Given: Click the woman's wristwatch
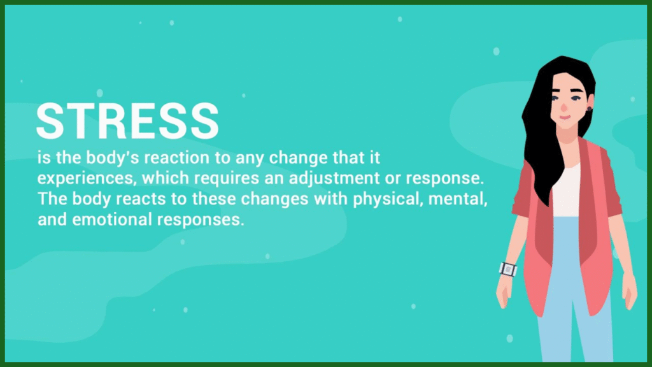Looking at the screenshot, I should (508, 270).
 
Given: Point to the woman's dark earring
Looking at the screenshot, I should (589, 108).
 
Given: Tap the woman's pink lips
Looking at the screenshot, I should (565, 117).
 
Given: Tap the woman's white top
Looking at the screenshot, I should (565, 191).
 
